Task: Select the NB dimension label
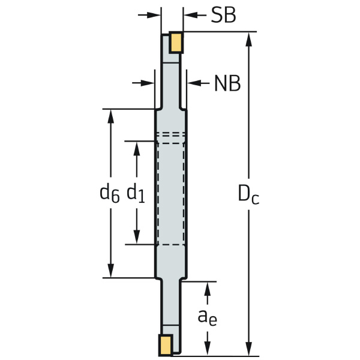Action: tap(227, 84)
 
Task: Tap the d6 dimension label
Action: tap(110, 193)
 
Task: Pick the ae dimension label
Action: tap(208, 317)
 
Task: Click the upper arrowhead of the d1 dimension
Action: tap(137, 148)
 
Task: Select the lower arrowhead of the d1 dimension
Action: tap(137, 238)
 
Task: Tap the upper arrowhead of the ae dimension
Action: tap(208, 287)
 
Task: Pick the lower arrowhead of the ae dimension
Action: tap(208, 347)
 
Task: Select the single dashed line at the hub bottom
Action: tap(171, 245)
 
